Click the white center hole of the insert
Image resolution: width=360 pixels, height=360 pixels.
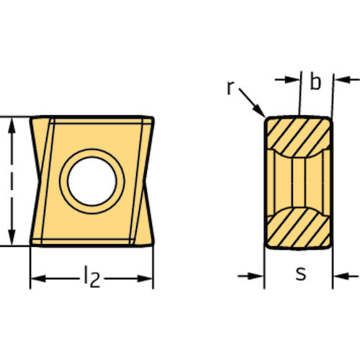click(x=92, y=181)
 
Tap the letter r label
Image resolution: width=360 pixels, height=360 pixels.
click(x=230, y=88)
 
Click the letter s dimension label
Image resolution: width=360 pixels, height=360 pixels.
click(x=301, y=274)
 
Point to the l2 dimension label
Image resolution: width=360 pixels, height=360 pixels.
click(x=92, y=276)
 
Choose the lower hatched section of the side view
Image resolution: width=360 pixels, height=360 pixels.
click(x=299, y=228)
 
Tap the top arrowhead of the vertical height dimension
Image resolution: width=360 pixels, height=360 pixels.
click(x=12, y=127)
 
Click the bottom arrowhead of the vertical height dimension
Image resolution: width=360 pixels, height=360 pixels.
click(x=12, y=237)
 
